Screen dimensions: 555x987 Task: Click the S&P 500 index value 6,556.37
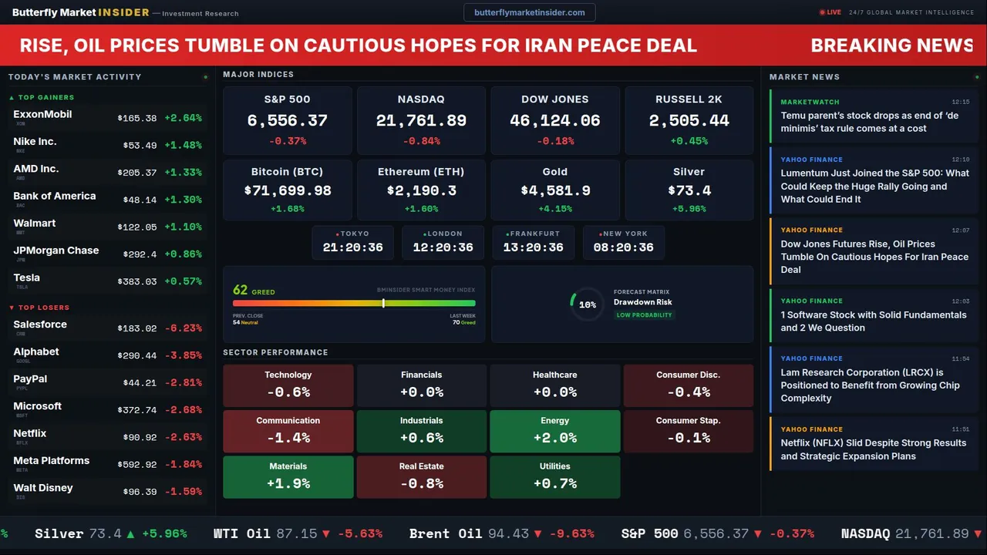287,121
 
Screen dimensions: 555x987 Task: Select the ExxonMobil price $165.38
137,119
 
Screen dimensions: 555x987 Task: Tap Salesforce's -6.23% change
183,328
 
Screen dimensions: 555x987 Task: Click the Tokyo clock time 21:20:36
352,247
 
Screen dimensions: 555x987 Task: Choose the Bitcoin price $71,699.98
288,190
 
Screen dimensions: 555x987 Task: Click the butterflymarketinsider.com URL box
530,12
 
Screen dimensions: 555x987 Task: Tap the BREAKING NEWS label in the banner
891,45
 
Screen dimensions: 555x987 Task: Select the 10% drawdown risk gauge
587,304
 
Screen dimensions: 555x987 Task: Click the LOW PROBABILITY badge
644,315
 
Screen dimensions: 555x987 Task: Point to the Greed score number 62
240,291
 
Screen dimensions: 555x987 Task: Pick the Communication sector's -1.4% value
288,438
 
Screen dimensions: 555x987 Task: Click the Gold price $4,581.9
555,190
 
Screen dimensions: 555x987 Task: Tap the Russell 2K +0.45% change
689,141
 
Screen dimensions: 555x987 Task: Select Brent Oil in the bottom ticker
446,533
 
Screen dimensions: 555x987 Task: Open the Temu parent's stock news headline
869,122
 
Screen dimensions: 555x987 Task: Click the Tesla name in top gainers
27,277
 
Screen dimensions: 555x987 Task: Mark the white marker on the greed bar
383,304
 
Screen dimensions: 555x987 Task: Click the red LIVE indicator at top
830,12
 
